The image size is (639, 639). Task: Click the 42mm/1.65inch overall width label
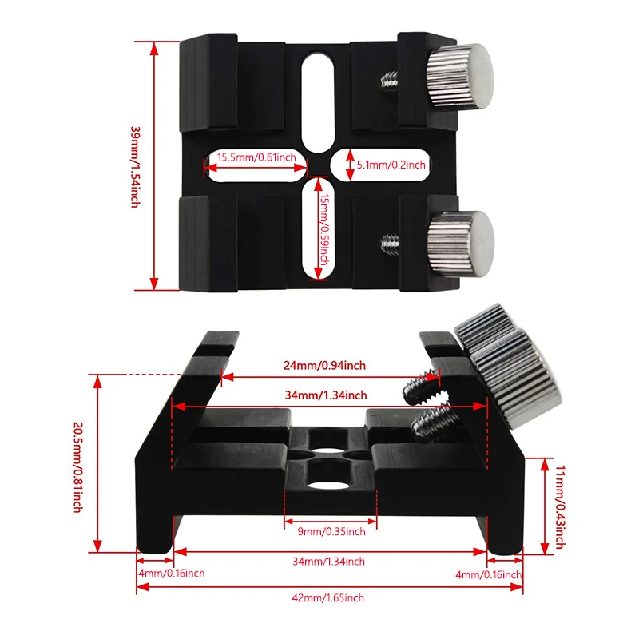click(327, 597)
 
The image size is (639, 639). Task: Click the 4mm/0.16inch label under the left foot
click(170, 574)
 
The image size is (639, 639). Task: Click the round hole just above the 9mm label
click(327, 484)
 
